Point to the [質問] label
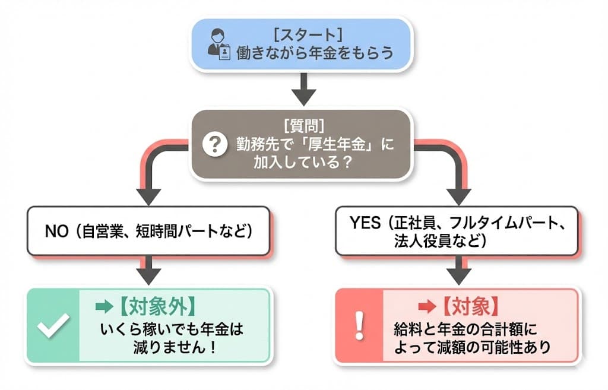point(303,125)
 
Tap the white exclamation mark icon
point(358,325)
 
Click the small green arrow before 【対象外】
point(103,306)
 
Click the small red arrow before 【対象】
point(427,307)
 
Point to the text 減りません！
point(174,347)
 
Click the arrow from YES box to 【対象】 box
point(458,270)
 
